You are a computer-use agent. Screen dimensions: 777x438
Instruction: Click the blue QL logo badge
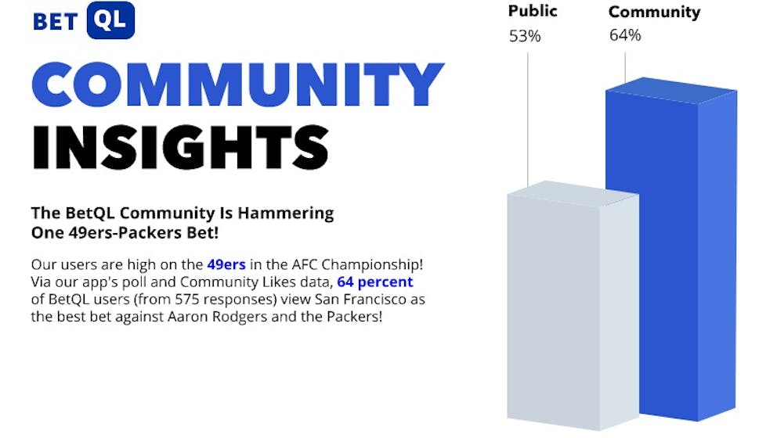coord(110,20)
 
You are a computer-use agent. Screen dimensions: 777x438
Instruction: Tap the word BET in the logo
coord(56,22)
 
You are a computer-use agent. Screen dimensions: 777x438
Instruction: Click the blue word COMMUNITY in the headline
coord(237,84)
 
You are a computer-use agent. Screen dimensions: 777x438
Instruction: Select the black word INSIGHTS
coord(180,147)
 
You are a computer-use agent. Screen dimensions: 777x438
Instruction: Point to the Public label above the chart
coord(533,11)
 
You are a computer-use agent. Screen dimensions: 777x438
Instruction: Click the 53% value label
coord(525,36)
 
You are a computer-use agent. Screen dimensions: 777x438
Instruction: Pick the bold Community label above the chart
coord(654,12)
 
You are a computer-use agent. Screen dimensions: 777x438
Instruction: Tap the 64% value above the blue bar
coord(625,35)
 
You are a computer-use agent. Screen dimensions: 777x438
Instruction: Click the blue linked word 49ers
coord(226,264)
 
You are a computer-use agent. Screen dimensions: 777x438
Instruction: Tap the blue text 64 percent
coord(375,282)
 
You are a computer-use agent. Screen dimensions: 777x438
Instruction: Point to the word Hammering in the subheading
coord(285,214)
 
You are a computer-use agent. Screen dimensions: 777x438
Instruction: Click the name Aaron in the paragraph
coord(185,316)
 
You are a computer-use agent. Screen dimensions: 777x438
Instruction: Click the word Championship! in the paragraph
coord(372,265)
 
